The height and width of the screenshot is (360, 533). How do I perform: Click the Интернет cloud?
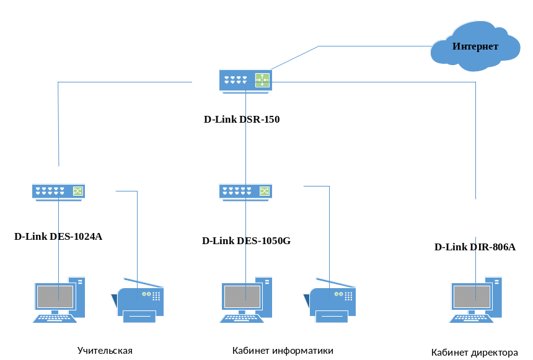[475, 46]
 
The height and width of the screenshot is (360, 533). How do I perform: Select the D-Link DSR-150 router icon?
[245, 81]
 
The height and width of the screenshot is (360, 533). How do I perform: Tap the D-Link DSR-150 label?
[242, 119]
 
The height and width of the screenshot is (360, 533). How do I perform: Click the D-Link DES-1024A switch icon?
[58, 191]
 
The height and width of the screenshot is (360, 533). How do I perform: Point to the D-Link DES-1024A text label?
[58, 236]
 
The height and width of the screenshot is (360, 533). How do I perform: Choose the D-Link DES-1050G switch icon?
[245, 191]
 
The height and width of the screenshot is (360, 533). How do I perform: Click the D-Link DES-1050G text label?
[246, 240]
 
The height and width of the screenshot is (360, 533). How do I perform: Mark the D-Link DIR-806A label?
[475, 247]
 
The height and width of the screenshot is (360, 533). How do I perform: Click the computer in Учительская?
[58, 300]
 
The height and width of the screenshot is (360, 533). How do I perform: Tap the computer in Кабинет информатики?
[245, 300]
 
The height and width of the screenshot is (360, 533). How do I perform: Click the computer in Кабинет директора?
[475, 300]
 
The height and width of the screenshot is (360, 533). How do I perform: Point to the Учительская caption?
[105, 351]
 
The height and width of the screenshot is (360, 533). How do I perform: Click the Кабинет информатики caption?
[283, 351]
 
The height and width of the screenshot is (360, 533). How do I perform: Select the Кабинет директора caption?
[475, 353]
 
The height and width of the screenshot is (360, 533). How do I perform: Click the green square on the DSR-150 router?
[262, 80]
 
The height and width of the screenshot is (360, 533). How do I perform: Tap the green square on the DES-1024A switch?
[77, 191]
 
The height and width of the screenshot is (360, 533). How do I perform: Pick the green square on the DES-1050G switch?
[265, 191]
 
